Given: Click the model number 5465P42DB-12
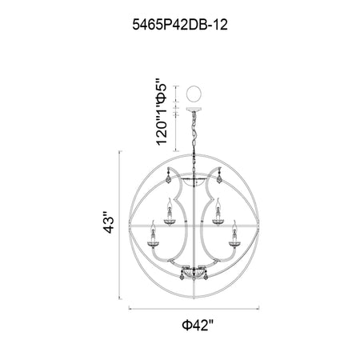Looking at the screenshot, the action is pos(180,25).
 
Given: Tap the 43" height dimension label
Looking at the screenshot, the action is pos(110,222).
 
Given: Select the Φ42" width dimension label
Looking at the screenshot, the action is pos(198,325).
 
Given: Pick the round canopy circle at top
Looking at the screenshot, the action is pos(194,94).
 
